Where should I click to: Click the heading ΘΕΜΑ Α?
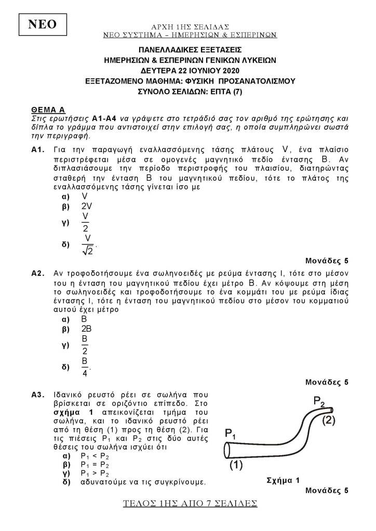[x=48, y=110]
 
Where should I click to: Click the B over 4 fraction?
[x=85, y=366]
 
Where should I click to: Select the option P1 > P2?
[x=95, y=473]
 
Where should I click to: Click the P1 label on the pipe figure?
[x=231, y=434]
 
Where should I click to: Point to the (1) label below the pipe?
[x=236, y=466]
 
